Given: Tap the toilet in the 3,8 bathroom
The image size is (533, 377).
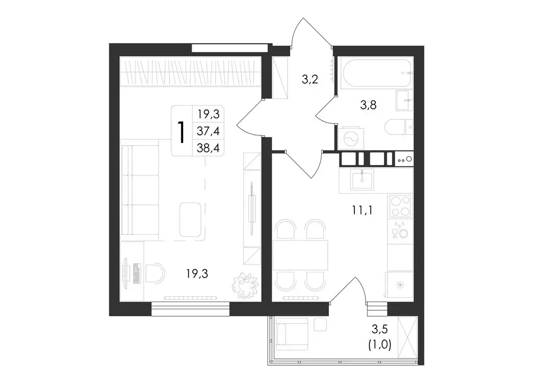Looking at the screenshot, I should click(399, 127).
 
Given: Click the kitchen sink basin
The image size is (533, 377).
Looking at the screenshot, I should click(363, 180).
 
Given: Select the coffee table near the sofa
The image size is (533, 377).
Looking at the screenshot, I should click(191, 219).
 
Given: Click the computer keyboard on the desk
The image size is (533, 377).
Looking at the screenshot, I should click(137, 273).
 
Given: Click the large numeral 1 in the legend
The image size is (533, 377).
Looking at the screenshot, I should click(182, 131).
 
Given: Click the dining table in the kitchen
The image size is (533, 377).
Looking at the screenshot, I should click(300, 255).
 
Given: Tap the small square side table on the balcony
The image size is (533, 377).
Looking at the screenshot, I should click(320, 324).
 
